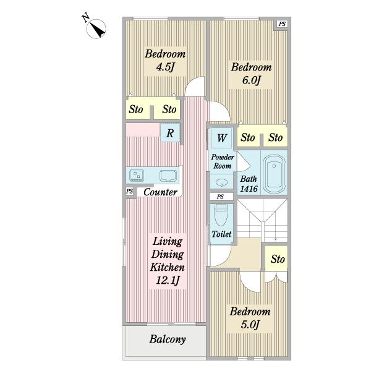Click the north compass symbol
95,27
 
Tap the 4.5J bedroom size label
165,67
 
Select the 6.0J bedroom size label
251,80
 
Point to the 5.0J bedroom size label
250,325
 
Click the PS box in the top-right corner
282,24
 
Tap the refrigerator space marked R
170,133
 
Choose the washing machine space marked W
221,138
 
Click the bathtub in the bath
274,174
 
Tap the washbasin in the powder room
221,182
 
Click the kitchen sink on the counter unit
168,176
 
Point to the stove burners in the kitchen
137,176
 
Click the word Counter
160,192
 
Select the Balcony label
168,339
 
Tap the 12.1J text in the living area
168,280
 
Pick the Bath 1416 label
249,184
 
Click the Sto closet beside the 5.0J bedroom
276,258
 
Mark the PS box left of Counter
129,191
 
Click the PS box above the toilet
220,197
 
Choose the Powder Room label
223,161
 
